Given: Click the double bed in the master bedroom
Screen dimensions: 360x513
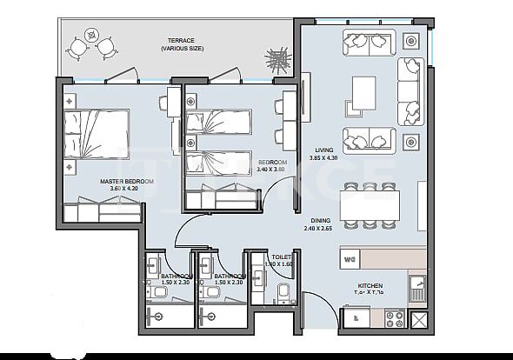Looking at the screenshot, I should (x=97, y=135).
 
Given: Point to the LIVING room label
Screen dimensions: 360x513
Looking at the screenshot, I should (x=325, y=150).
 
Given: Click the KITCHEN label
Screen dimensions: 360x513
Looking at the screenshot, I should (x=370, y=284).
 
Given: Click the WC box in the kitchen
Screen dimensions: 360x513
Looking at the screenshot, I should (x=351, y=258).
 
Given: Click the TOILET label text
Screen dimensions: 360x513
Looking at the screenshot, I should (x=281, y=257).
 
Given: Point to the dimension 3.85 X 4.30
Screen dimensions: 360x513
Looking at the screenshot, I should (x=325, y=158).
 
